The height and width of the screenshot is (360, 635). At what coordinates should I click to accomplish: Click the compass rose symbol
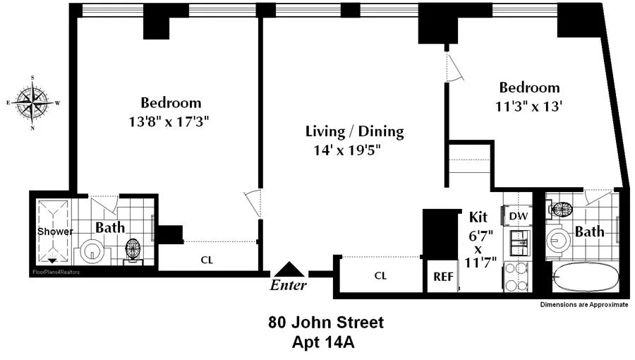[x=33, y=102]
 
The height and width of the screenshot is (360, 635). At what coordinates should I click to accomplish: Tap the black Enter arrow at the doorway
[x=289, y=270]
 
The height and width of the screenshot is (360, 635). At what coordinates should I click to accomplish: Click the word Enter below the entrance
[x=289, y=285]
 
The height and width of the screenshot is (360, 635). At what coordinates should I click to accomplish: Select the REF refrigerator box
[x=442, y=277]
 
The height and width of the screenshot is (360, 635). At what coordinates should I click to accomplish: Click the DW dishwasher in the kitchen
[x=518, y=215]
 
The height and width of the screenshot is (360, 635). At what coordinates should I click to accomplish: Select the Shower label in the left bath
[x=51, y=232]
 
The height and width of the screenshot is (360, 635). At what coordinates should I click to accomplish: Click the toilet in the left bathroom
[x=133, y=250]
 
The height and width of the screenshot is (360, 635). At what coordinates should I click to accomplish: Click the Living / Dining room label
[x=354, y=131]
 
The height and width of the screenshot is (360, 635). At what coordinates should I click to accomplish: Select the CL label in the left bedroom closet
[x=207, y=259]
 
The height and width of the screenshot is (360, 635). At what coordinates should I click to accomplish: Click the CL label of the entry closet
[x=381, y=277]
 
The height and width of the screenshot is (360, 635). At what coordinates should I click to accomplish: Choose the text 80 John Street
[x=326, y=323]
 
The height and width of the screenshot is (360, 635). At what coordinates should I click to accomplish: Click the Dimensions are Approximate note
[x=583, y=305]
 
